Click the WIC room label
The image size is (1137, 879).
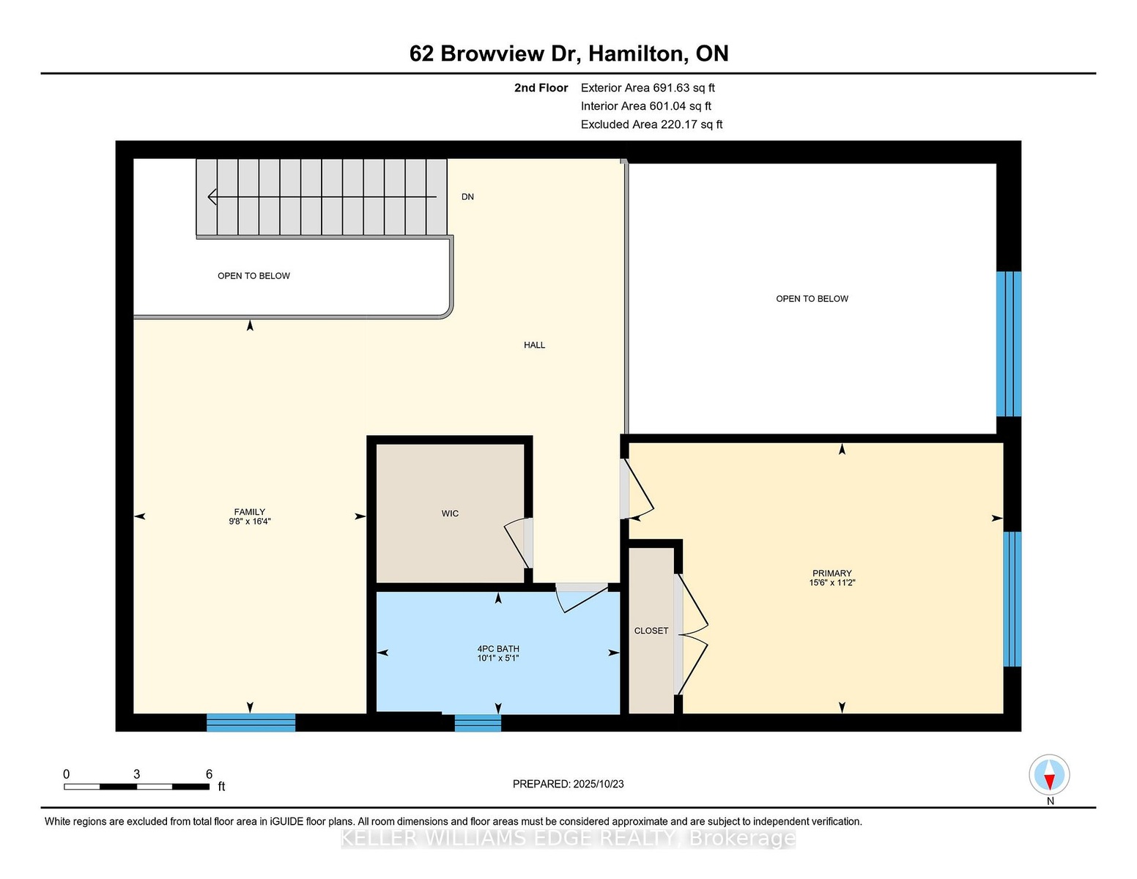(x=450, y=513)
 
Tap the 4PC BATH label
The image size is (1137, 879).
(x=497, y=648)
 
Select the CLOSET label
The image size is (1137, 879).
(x=651, y=631)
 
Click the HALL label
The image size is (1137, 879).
(x=534, y=345)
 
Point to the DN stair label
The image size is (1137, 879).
(x=467, y=196)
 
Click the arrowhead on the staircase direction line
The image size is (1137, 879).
(x=212, y=196)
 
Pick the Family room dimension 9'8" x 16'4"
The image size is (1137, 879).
(x=250, y=522)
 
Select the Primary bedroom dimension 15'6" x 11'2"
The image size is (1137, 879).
(x=832, y=582)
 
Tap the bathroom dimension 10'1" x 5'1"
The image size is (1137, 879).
(x=497, y=658)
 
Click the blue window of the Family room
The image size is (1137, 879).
(x=251, y=722)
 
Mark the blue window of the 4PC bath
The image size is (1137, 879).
(x=478, y=723)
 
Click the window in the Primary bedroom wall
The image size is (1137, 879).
(x=1012, y=599)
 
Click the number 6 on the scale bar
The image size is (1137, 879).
(x=209, y=774)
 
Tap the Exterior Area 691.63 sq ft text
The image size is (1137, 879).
(x=648, y=88)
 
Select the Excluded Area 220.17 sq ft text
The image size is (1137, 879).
(x=651, y=125)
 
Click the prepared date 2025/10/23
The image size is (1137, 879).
(x=599, y=784)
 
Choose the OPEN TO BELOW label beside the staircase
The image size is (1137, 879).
(x=253, y=275)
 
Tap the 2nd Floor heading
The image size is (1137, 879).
(x=541, y=88)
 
